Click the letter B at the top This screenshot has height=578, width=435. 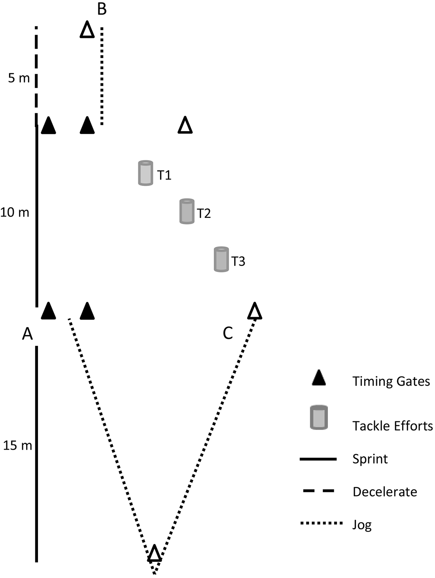102,9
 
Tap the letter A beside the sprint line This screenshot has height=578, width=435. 27,334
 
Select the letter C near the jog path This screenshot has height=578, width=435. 228,333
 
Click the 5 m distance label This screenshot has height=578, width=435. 19,78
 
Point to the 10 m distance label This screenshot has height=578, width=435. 15,212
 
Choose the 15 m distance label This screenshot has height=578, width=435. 17,446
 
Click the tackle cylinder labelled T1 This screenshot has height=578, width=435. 145,173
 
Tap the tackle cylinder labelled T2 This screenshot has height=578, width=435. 186,212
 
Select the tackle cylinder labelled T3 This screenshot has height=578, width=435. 221,259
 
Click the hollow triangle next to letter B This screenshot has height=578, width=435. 87,30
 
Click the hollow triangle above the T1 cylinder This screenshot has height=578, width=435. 185,126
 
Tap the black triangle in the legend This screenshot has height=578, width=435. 318,379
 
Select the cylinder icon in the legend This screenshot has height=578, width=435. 319,417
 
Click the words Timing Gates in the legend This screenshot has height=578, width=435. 391,381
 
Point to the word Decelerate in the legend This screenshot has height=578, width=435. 385,492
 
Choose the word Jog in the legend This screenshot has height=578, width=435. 362,525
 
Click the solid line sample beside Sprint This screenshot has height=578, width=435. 318,459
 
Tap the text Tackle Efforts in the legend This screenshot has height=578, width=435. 392,426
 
